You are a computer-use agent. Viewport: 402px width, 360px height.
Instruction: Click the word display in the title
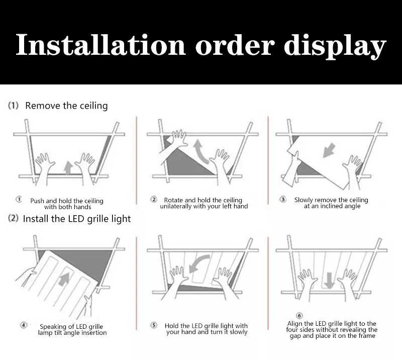pyautogui.click(x=335, y=46)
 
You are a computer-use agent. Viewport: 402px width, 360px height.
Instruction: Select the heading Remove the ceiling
pyautogui.click(x=66, y=106)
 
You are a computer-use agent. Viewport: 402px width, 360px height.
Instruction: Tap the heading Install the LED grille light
pyautogui.click(x=76, y=219)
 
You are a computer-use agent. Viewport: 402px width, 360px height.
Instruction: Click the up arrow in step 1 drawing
pyautogui.click(x=68, y=167)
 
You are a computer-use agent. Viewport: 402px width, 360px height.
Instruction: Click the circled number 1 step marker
pyautogui.click(x=19, y=200)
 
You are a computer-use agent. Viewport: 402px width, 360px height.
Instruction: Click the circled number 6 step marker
pyautogui.click(x=299, y=315)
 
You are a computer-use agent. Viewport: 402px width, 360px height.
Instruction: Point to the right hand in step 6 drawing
pyautogui.click(x=347, y=279)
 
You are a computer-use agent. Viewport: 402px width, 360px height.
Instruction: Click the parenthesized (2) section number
pyautogui.click(x=13, y=219)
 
